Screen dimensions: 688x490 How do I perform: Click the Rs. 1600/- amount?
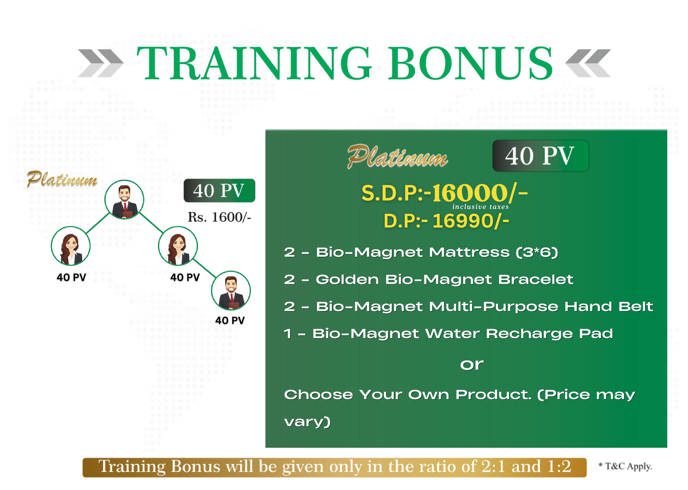pyautogui.click(x=219, y=217)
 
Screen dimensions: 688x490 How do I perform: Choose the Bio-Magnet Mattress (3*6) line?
pyautogui.click(x=421, y=252)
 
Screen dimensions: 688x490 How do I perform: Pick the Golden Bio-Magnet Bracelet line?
pyautogui.click(x=429, y=279)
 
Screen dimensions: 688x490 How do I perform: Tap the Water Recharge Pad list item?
pyautogui.click(x=448, y=334)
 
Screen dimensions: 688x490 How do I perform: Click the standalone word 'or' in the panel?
pyautogui.click(x=472, y=365)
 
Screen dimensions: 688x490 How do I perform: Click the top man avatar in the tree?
pyautogui.click(x=124, y=200)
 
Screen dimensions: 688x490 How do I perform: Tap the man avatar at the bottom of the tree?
pyautogui.click(x=231, y=290)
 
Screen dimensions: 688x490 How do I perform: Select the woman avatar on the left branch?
pyautogui.click(x=71, y=246)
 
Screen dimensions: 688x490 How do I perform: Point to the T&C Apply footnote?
pyautogui.click(x=625, y=466)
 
